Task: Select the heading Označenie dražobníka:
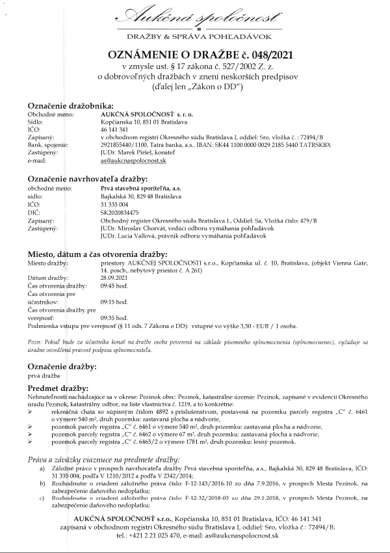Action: click(70, 105)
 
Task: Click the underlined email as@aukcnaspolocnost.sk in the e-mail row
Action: click(133, 160)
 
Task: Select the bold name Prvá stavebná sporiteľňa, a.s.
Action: click(135, 187)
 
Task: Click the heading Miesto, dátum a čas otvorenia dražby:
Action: click(97, 254)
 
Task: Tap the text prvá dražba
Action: click(43, 375)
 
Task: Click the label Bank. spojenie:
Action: click(47, 144)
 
